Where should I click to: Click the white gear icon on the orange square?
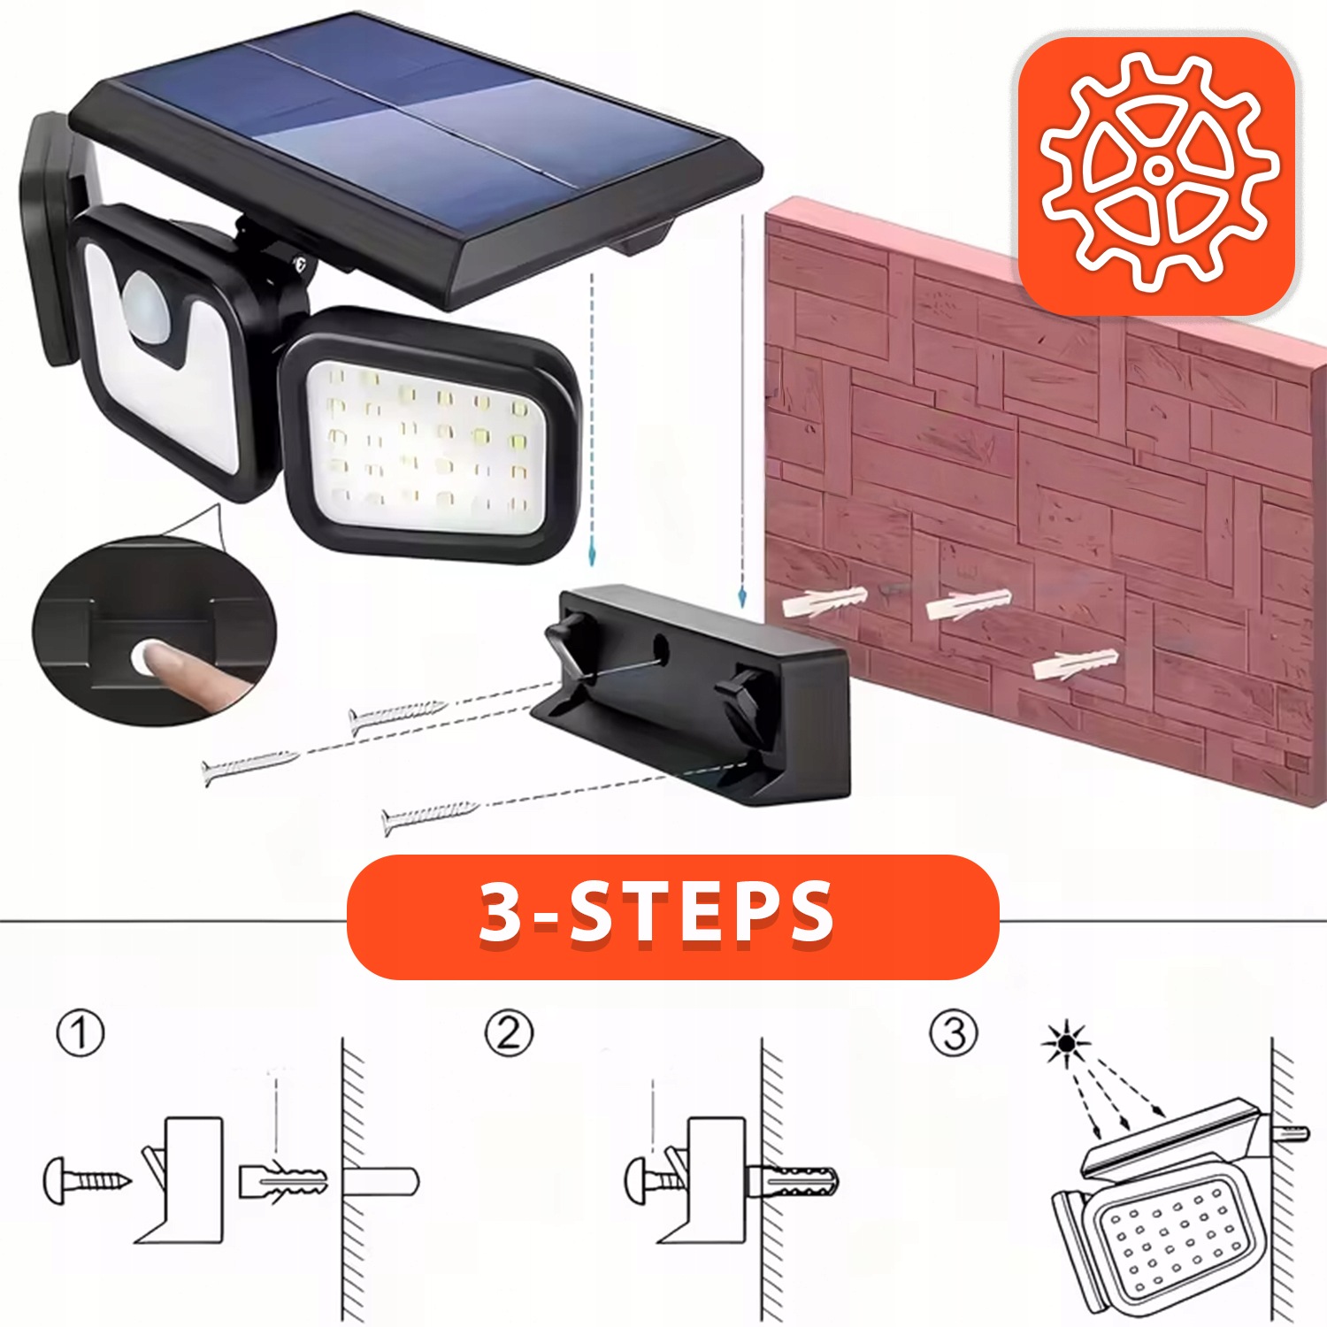(x=1158, y=171)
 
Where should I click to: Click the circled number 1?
(x=81, y=1033)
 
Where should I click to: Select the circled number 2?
(x=509, y=1033)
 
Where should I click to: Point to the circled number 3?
(x=954, y=1033)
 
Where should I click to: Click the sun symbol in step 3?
(x=1066, y=1043)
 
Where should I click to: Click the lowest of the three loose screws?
(x=431, y=815)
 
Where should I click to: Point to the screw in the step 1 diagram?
(x=87, y=1180)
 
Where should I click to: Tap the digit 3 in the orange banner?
(x=500, y=913)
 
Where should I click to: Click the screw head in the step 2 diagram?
(x=639, y=1180)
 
